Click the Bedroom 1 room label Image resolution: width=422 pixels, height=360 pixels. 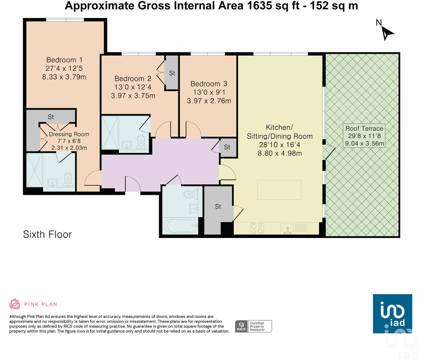point(64,60)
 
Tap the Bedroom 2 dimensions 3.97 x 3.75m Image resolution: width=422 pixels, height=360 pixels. point(133,96)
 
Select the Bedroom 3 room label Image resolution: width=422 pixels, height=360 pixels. point(209,84)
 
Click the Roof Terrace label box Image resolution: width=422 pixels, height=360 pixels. point(364,136)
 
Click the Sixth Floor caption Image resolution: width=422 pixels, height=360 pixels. point(47,234)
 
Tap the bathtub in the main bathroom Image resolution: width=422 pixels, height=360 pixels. point(180,226)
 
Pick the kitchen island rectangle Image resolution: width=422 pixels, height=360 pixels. point(279,189)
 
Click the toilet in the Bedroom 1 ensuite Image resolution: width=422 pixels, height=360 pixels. point(68,180)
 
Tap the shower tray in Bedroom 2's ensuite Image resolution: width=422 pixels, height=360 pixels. point(110,133)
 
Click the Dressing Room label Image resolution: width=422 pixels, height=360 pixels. point(69,134)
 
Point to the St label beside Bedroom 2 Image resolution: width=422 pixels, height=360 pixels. point(172,73)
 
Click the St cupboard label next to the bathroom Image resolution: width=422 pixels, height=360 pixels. point(218,206)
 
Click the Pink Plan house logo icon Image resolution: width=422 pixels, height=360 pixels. point(15,304)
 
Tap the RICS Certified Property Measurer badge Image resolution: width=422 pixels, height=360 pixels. point(253,326)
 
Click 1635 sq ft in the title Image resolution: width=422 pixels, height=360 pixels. point(273,6)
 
